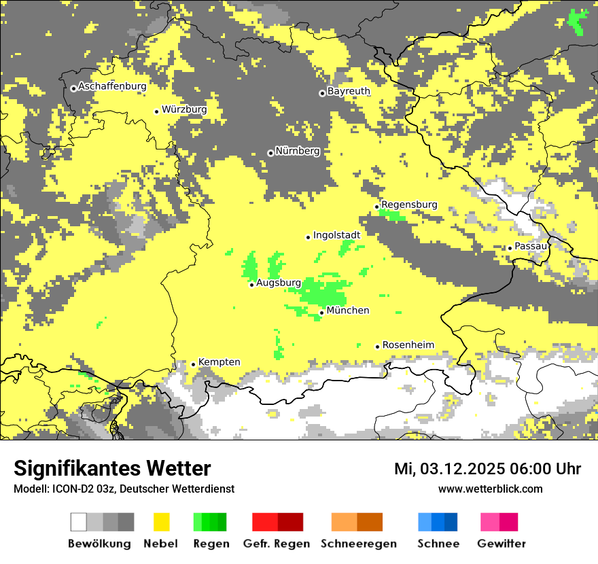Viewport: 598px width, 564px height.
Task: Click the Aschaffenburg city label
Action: [x=112, y=86]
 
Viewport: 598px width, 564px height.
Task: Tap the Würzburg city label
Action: [x=184, y=109]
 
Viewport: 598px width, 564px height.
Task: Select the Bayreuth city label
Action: [x=349, y=90]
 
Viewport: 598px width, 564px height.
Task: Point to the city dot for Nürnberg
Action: [x=270, y=153]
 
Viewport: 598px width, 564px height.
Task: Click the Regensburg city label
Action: [x=409, y=205]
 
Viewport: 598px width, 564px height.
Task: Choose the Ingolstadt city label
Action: [x=336, y=235]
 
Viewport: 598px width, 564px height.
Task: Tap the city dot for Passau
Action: [x=510, y=248]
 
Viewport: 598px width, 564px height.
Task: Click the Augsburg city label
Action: [x=279, y=283]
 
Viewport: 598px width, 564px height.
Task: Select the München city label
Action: [x=348, y=311]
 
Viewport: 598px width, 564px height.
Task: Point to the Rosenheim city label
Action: [x=408, y=345]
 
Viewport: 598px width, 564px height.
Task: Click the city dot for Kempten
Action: [x=193, y=364]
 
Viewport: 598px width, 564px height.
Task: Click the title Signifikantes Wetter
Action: [x=112, y=469]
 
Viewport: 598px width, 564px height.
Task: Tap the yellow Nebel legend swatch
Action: [x=162, y=522]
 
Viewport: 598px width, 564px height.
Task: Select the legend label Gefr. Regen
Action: [x=277, y=544]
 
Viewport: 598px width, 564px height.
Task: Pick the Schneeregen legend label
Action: [x=359, y=544]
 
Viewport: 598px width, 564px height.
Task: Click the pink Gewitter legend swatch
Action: [x=490, y=522]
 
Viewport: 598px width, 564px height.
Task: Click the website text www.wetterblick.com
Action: [x=490, y=489]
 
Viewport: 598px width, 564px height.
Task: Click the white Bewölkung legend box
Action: [x=79, y=522]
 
